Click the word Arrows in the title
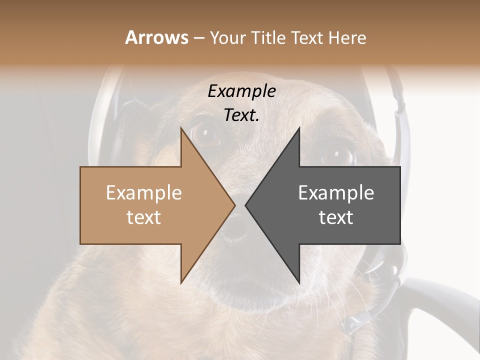[x=156, y=37]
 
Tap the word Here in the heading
[x=347, y=37]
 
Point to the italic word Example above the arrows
[x=241, y=91]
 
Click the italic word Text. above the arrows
[x=241, y=115]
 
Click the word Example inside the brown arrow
[x=143, y=193]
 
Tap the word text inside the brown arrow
[x=143, y=217]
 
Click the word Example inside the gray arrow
[x=336, y=193]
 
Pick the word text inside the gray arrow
[x=336, y=217]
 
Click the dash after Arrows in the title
[x=198, y=38]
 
